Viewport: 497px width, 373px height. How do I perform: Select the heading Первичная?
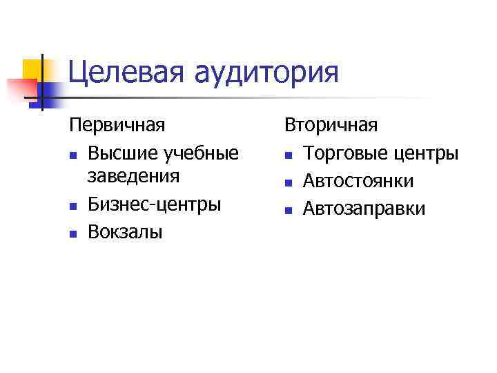(117, 125)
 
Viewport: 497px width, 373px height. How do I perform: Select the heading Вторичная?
(332, 125)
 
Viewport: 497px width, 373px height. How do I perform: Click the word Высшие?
(122, 151)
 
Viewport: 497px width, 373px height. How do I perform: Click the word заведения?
(134, 176)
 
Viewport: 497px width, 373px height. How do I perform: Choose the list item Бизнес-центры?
(155, 204)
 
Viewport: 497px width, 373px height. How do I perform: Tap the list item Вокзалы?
(125, 231)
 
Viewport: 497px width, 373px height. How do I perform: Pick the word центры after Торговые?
(428, 151)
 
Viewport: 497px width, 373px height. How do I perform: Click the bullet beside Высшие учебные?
(72, 153)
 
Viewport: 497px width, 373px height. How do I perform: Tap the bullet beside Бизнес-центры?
(72, 207)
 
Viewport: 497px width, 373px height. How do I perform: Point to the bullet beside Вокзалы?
(72, 233)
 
